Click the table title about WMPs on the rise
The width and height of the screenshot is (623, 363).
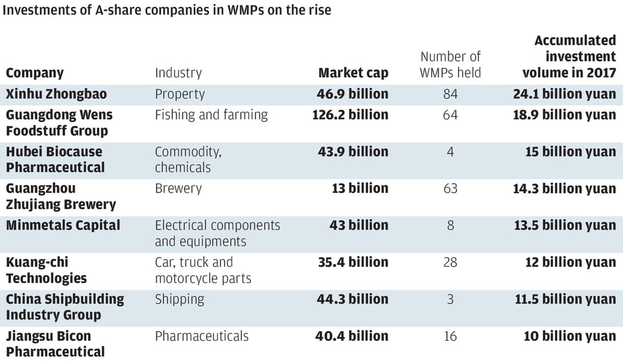click(169, 10)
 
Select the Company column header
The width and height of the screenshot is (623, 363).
click(35, 73)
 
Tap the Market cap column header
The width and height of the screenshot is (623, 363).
click(353, 73)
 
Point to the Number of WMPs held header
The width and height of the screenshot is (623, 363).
click(450, 64)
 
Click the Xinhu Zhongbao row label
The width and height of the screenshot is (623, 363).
click(56, 94)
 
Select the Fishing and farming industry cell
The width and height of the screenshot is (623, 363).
click(211, 115)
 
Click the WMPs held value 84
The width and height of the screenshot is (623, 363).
click(450, 94)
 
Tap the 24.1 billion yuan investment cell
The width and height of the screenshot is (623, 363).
click(564, 94)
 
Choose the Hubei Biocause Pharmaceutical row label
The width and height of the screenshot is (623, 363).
click(55, 159)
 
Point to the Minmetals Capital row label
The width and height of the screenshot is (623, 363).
click(63, 226)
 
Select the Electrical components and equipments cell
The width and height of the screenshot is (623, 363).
click(217, 233)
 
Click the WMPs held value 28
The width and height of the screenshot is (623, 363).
click(450, 262)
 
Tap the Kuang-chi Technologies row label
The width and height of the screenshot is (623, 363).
click(46, 270)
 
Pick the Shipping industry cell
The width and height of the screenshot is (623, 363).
click(179, 299)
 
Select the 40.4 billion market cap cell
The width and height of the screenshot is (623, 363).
click(352, 336)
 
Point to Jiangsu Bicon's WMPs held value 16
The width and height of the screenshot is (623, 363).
click(450, 336)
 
